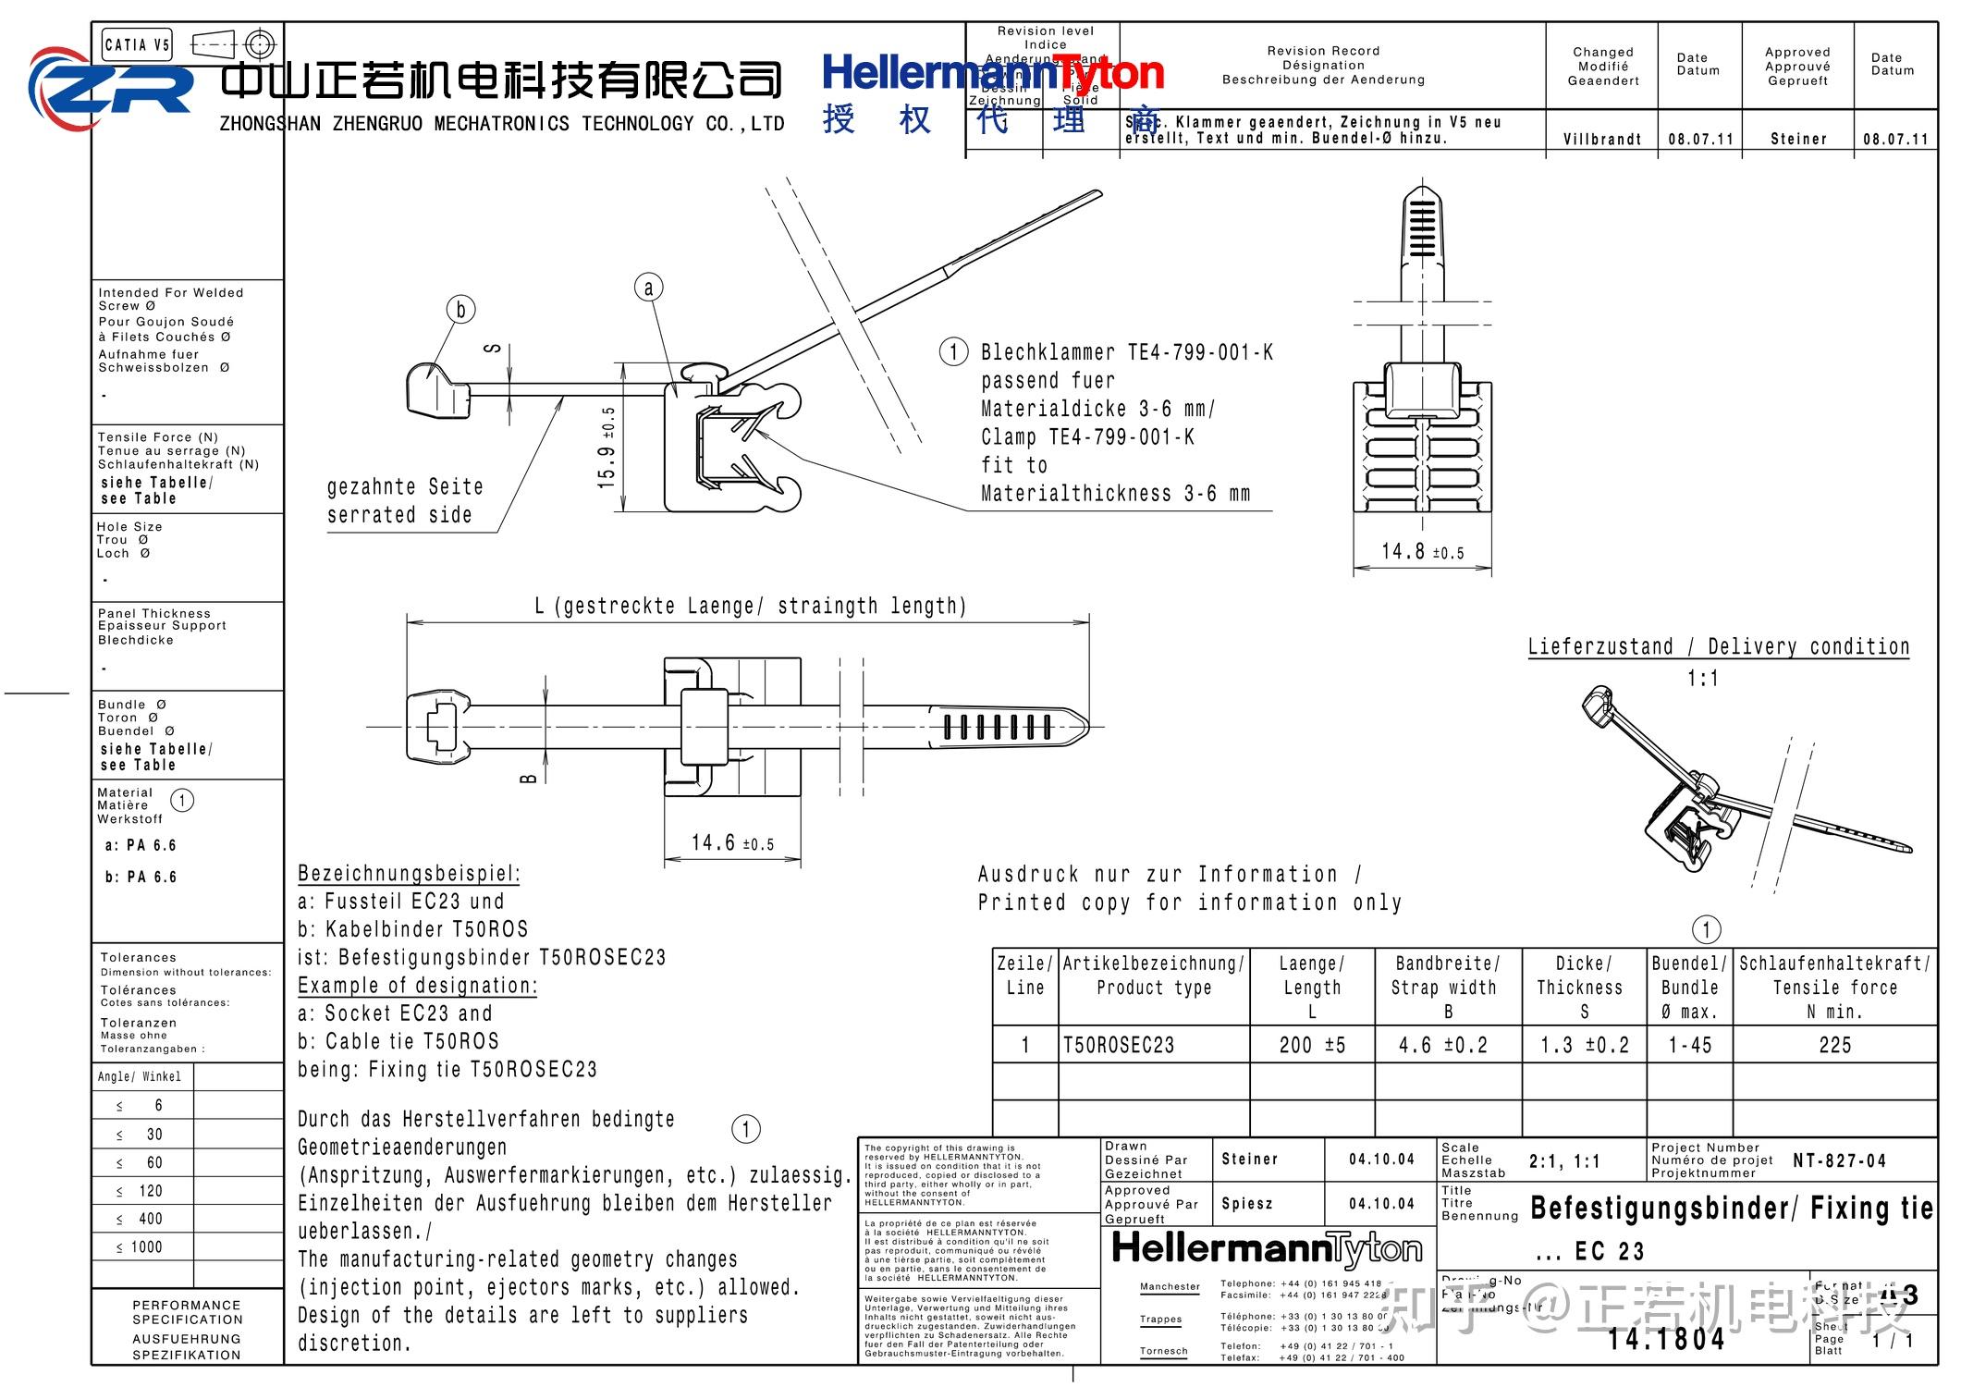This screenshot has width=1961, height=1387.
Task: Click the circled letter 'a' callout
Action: pyautogui.click(x=648, y=288)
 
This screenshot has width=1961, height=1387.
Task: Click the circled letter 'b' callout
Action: pyautogui.click(x=460, y=309)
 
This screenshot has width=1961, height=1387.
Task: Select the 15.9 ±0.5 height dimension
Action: pyautogui.click(x=607, y=448)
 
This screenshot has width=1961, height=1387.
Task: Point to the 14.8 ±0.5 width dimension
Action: pyautogui.click(x=1422, y=552)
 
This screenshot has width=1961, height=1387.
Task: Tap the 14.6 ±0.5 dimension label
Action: pyautogui.click(x=732, y=843)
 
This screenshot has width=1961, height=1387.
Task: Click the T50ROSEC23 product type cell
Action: pyautogui.click(x=1119, y=1046)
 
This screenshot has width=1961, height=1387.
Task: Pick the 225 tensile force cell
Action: pyautogui.click(x=1834, y=1046)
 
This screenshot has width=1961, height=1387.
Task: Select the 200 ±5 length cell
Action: pyautogui.click(x=1311, y=1046)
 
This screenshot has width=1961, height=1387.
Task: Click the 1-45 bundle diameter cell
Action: pyautogui.click(x=1689, y=1046)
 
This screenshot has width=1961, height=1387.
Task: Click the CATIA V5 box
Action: pyautogui.click(x=137, y=44)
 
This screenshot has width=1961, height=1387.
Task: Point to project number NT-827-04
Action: pyautogui.click(x=1838, y=1160)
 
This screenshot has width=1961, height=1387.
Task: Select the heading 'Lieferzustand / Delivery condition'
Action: pyautogui.click(x=1718, y=646)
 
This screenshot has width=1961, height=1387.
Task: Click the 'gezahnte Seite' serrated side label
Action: pyautogui.click(x=405, y=487)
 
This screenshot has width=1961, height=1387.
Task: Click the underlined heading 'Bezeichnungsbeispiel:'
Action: pyautogui.click(x=409, y=874)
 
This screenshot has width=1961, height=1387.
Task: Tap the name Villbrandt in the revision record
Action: pyautogui.click(x=1602, y=140)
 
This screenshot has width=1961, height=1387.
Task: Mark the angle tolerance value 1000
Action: pyautogui.click(x=146, y=1247)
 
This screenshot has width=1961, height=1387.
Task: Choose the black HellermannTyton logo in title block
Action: pyautogui.click(x=1267, y=1249)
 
